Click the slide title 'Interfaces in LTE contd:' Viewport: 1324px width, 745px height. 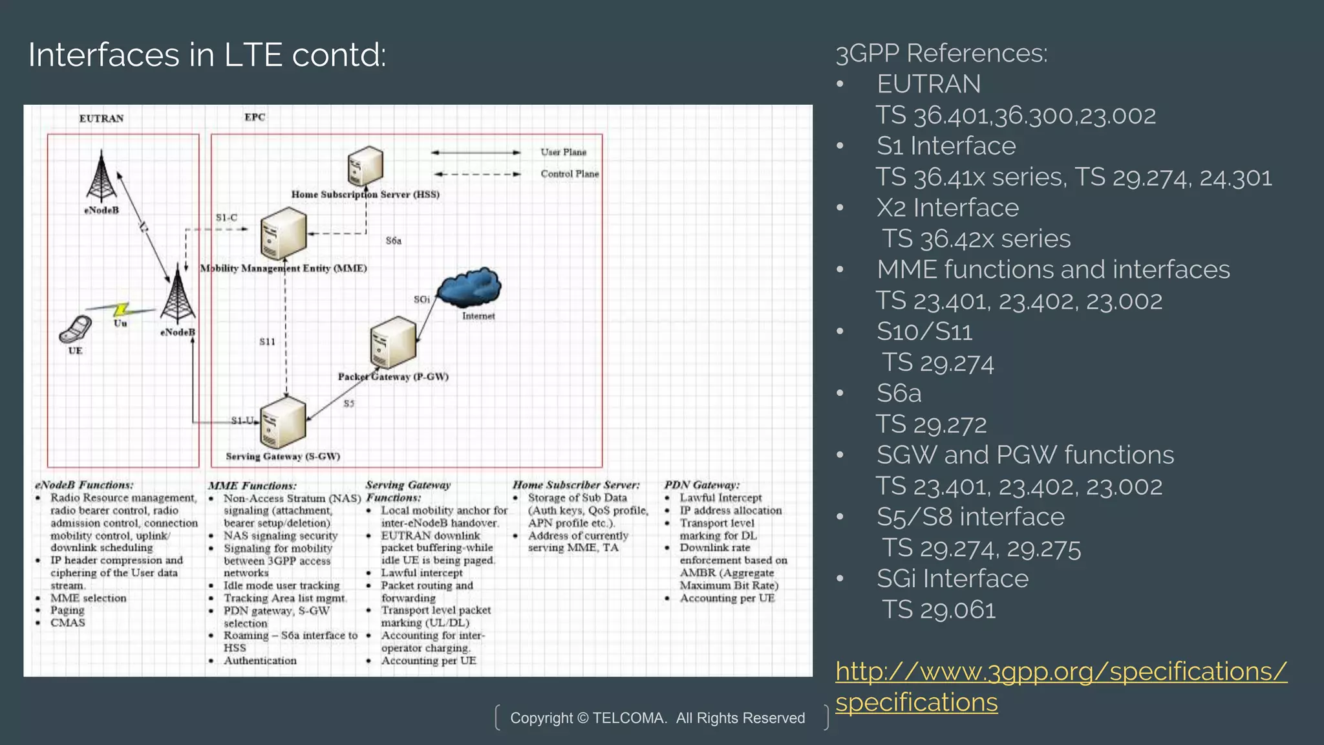207,55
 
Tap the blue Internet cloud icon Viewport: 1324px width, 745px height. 470,288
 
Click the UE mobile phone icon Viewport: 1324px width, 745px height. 76,329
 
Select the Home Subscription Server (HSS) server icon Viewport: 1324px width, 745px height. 365,166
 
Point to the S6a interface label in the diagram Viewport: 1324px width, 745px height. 393,241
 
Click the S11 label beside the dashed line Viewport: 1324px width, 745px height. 267,341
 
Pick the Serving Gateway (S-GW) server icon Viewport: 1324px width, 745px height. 283,422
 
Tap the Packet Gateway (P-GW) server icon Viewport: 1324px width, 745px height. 392,342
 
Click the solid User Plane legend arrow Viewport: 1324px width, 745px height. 476,153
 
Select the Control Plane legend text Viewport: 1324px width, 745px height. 570,174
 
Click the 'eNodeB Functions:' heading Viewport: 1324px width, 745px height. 84,485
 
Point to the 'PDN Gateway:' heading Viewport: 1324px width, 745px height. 701,485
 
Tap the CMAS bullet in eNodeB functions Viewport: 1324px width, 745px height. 68,623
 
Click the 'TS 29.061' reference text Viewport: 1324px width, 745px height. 939,610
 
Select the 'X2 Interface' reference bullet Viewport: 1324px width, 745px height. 947,208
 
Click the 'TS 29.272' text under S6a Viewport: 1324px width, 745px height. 931,425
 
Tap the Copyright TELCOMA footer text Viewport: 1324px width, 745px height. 657,718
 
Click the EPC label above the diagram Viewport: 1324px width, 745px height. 255,117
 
